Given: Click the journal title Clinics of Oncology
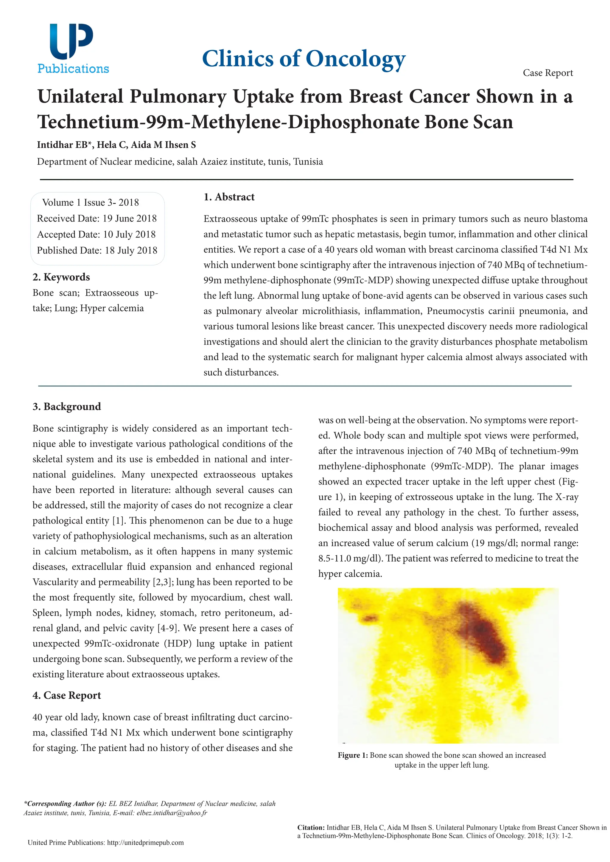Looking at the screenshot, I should [x=304, y=59].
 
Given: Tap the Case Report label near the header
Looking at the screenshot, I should [x=548, y=73].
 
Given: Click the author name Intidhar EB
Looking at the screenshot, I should [x=62, y=145].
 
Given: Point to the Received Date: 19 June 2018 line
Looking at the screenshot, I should [x=97, y=218].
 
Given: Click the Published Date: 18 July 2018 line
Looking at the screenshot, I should [x=97, y=250].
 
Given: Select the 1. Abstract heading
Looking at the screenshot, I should [x=229, y=197].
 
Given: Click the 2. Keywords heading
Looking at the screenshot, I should [x=61, y=277].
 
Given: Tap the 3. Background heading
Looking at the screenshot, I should [x=67, y=407].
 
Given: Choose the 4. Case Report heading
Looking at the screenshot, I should [x=67, y=695].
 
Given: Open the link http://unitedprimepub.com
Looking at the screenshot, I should [x=145, y=842].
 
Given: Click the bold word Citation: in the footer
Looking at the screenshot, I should [x=311, y=827].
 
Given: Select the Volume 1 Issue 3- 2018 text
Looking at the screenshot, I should [x=91, y=203].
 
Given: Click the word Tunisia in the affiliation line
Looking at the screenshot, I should [x=308, y=162].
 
